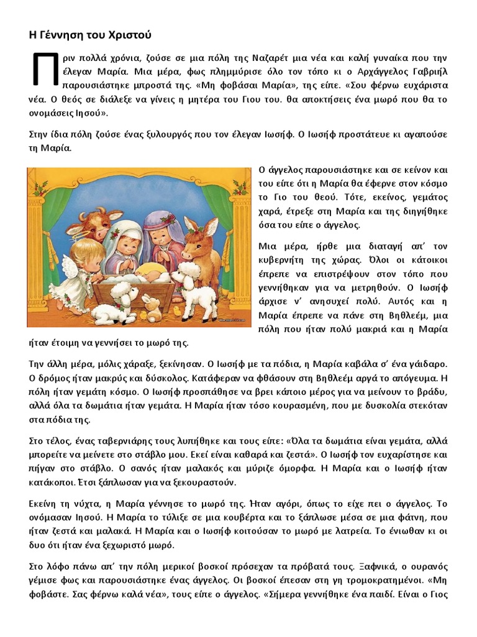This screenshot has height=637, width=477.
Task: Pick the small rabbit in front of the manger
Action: coord(151,306)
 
